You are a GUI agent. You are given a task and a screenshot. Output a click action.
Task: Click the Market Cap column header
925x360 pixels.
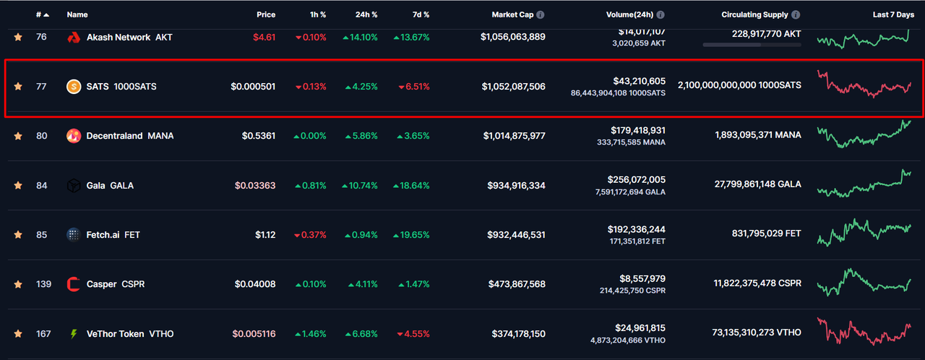pyautogui.click(x=513, y=14)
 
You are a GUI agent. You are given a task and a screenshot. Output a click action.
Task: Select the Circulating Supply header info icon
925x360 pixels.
pyautogui.click(x=796, y=14)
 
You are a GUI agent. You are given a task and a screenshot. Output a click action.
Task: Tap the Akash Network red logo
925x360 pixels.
pyautogui.click(x=73, y=37)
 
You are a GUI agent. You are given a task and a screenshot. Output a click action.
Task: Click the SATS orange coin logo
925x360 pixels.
pyautogui.click(x=73, y=87)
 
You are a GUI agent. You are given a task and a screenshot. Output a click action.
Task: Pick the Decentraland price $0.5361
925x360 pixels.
pyautogui.click(x=259, y=136)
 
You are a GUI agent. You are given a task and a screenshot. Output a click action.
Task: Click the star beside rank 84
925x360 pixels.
pyautogui.click(x=18, y=186)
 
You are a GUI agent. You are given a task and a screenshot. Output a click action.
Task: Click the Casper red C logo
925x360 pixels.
pyautogui.click(x=73, y=284)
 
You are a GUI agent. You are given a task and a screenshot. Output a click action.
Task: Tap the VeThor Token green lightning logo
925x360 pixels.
pyautogui.click(x=73, y=334)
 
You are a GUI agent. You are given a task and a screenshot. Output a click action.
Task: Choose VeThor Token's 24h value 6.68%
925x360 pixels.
pyautogui.click(x=361, y=334)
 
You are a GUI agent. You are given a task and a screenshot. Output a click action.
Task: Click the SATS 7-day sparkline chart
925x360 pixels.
pyautogui.click(x=864, y=85)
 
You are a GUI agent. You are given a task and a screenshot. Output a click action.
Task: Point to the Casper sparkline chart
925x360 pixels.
pyautogui.click(x=864, y=283)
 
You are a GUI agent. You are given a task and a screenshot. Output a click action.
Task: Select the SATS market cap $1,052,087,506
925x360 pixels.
pyautogui.click(x=514, y=87)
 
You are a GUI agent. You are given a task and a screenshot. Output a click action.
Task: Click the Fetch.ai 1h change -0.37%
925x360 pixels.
pyautogui.click(x=310, y=235)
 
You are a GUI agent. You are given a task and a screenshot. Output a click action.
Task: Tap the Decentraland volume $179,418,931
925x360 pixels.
pyautogui.click(x=638, y=130)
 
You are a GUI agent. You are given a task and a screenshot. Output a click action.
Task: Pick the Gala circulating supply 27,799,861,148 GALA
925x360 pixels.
pyautogui.click(x=757, y=185)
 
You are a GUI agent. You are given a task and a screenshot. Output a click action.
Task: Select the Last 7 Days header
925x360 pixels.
pyautogui.click(x=893, y=14)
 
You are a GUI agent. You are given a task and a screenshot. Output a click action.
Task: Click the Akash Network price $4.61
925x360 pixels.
pyautogui.click(x=264, y=37)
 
